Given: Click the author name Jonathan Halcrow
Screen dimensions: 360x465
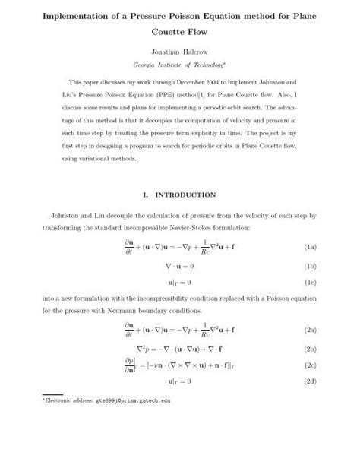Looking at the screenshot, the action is click(180, 55).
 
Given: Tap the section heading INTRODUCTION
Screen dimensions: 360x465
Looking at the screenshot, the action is click(189, 195).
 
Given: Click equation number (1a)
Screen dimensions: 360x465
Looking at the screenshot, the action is click(310, 248).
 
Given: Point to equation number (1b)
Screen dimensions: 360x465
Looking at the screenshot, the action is click(310, 267).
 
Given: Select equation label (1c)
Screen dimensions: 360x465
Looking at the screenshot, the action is click(310, 283).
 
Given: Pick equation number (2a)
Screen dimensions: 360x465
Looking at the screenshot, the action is click(310, 331).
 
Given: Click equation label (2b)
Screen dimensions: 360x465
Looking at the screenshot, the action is click(310, 350).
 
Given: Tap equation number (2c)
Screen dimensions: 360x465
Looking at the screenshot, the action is click(310, 365).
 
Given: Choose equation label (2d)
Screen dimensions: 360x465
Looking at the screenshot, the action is click(310, 381).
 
